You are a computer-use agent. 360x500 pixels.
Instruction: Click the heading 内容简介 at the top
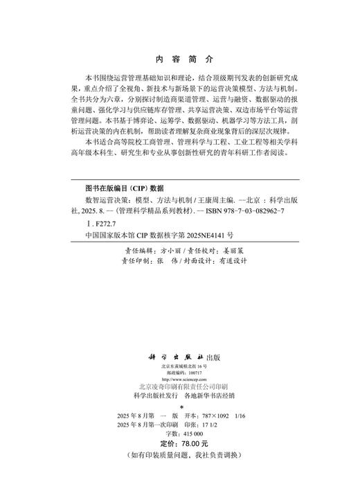pos(179,60)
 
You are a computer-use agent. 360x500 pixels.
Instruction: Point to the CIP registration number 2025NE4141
pos(206,235)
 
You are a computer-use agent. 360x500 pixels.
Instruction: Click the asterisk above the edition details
pos(181,407)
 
